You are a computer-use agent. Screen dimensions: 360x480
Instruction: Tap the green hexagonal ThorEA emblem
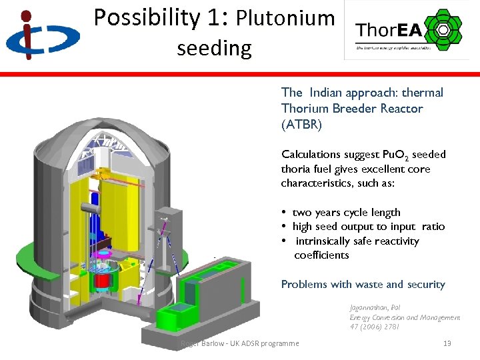pos(441,29)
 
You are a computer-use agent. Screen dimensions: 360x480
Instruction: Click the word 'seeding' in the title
pos(214,48)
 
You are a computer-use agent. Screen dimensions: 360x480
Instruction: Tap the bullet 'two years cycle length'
pos(346,213)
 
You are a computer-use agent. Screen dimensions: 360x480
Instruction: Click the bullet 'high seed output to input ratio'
pos(368,227)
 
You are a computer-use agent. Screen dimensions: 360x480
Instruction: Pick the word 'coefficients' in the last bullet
pos(321,255)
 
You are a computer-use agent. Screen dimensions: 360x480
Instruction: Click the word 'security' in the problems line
pos(425,285)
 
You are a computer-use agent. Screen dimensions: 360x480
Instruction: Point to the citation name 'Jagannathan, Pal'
pos(374,309)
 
